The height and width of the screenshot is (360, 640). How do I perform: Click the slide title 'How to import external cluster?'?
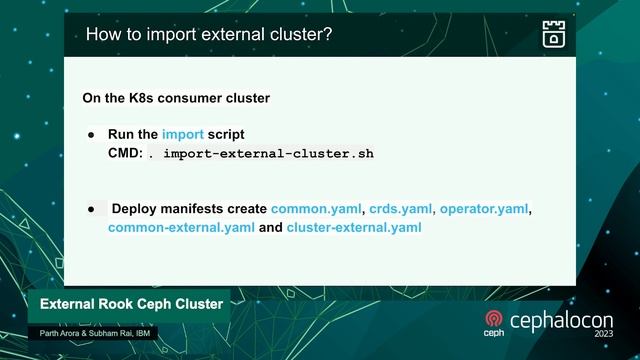(x=209, y=35)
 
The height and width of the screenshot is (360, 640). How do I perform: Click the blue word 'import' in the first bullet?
(x=183, y=134)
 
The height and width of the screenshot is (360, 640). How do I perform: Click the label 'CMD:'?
(x=126, y=154)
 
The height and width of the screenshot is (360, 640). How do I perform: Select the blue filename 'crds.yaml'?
(x=400, y=209)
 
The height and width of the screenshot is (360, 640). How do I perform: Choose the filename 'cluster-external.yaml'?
(x=354, y=228)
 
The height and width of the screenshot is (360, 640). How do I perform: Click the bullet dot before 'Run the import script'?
(x=91, y=134)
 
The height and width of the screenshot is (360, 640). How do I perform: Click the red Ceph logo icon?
(x=493, y=321)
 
